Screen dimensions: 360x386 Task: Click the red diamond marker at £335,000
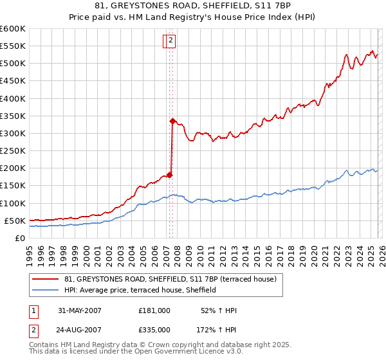click(x=172, y=120)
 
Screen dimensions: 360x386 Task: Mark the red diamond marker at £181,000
click(x=170, y=174)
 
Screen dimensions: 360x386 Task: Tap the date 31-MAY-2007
click(x=80, y=310)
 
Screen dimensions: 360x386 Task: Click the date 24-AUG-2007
click(x=80, y=329)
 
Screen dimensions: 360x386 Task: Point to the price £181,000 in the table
click(x=154, y=310)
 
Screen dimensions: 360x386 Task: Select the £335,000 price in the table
click(x=154, y=329)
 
